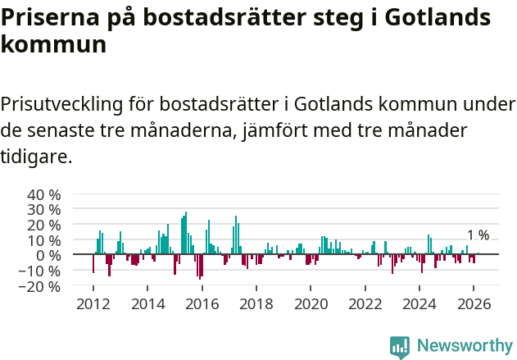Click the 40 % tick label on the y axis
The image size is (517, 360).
[44, 195]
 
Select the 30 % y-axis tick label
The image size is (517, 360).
[44, 210]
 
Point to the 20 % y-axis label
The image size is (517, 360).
[44, 226]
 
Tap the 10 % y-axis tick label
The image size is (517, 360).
[44, 241]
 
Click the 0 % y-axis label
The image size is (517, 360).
[48, 256]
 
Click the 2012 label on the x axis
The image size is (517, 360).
[93, 304]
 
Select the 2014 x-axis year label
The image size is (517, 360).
[147, 304]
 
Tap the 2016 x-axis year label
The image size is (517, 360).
[202, 304]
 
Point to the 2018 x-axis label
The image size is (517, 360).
[256, 304]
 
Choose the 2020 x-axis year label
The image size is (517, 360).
[311, 304]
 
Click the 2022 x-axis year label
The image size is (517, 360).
[365, 304]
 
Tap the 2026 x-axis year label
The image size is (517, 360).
[474, 304]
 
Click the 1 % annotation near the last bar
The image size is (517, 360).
[478, 235]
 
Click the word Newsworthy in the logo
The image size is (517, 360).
[464, 346]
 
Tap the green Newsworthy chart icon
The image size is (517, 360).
[400, 347]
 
